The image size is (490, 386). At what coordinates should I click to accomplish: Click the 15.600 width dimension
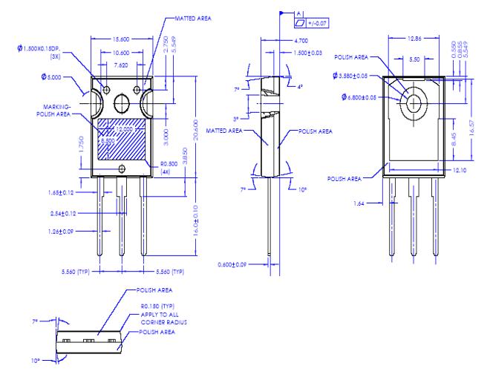click(122, 39)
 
